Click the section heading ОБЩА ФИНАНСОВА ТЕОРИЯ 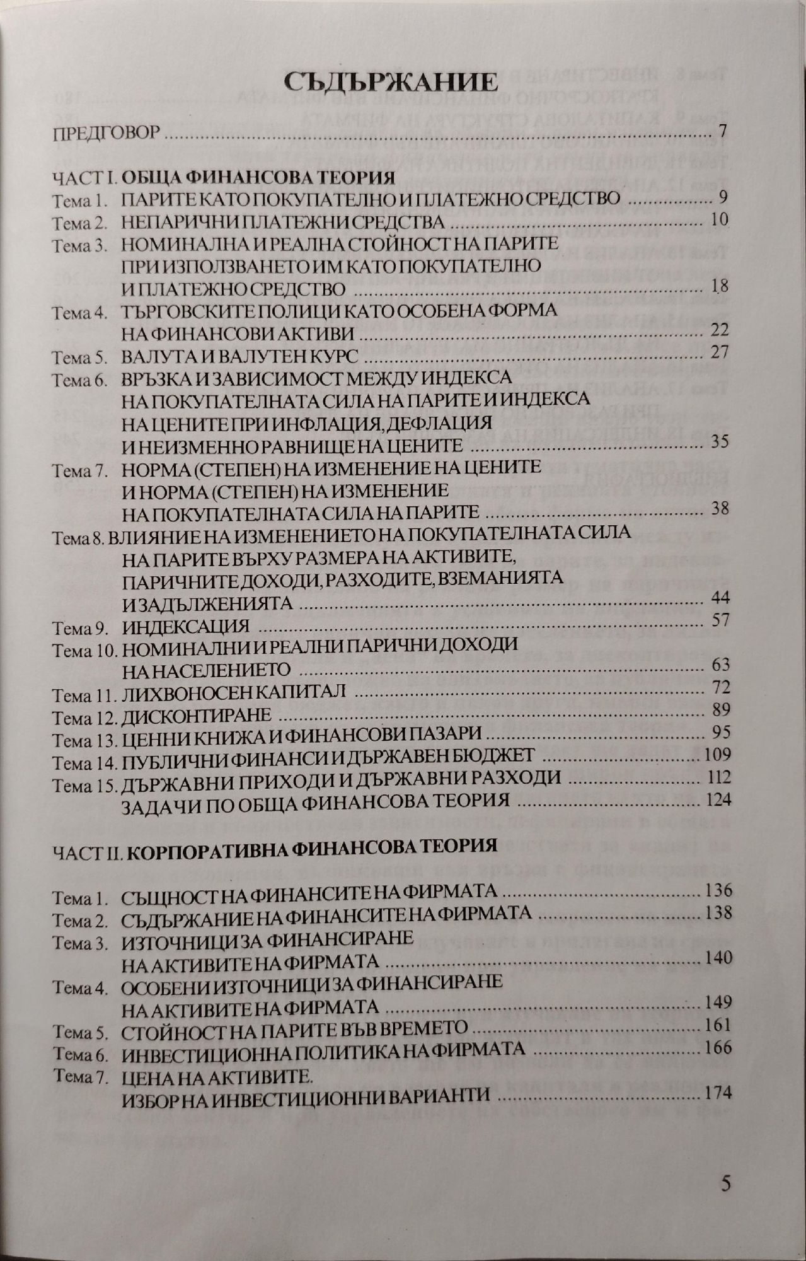click(258, 176)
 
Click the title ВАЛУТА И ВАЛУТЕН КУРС click(240, 356)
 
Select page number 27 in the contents click(719, 351)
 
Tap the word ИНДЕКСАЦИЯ click(183, 627)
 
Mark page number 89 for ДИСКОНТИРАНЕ click(719, 711)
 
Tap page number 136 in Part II click(717, 891)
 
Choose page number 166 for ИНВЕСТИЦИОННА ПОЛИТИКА click(718, 1048)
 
